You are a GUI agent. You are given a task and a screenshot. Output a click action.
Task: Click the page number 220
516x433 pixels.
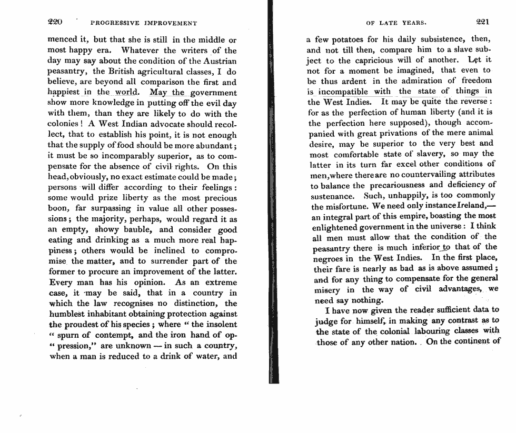click(x=55, y=22)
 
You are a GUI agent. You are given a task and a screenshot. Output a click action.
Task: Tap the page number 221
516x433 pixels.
click(x=482, y=22)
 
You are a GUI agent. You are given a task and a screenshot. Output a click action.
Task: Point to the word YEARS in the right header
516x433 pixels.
click(x=414, y=23)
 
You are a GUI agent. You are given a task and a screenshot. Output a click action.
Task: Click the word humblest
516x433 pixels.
click(x=69, y=314)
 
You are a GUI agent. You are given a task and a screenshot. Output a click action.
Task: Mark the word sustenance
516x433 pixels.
click(x=331, y=195)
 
